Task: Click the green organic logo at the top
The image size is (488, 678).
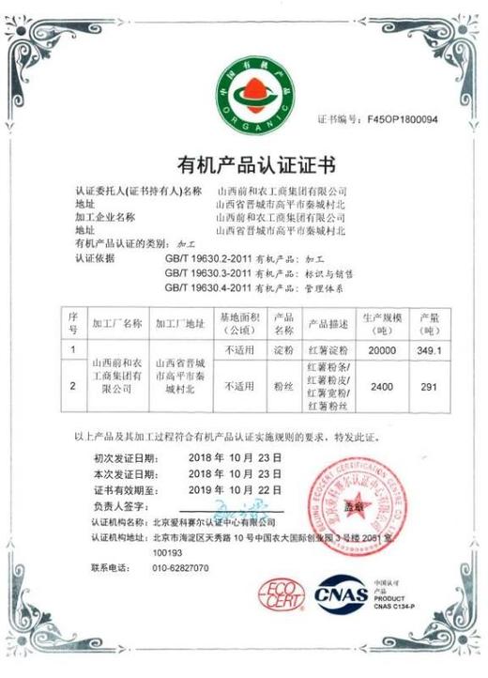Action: tap(243, 91)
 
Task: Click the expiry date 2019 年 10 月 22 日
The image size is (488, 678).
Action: tap(235, 490)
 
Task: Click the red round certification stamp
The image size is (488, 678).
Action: tap(356, 507)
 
